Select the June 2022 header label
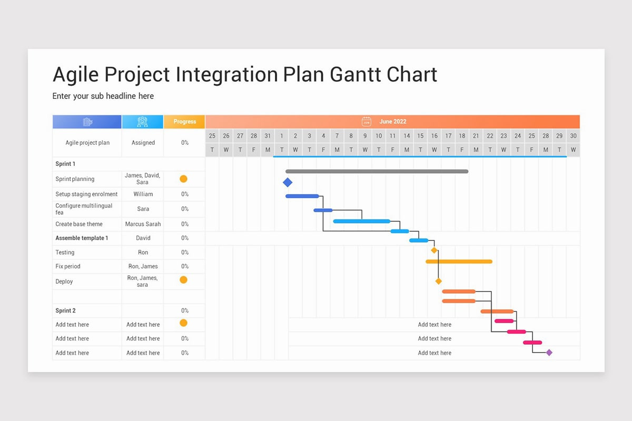[x=393, y=122]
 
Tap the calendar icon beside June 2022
[x=367, y=122]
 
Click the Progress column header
[x=185, y=122]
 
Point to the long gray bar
[x=377, y=171]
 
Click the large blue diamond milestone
[x=287, y=183]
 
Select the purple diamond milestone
[x=549, y=353]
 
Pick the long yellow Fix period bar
[x=459, y=262]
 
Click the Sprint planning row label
[x=75, y=179]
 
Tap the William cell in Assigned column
[x=143, y=194]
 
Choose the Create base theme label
[x=78, y=224]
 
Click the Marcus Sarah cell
[x=143, y=224]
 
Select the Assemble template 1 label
[x=82, y=238]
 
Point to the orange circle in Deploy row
[x=183, y=280]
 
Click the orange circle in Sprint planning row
[x=183, y=179]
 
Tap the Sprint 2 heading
[x=65, y=310]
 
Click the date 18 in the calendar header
[x=462, y=136]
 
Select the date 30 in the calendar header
[x=573, y=136]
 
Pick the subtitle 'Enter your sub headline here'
[x=103, y=96]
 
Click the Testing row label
[x=65, y=253]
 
